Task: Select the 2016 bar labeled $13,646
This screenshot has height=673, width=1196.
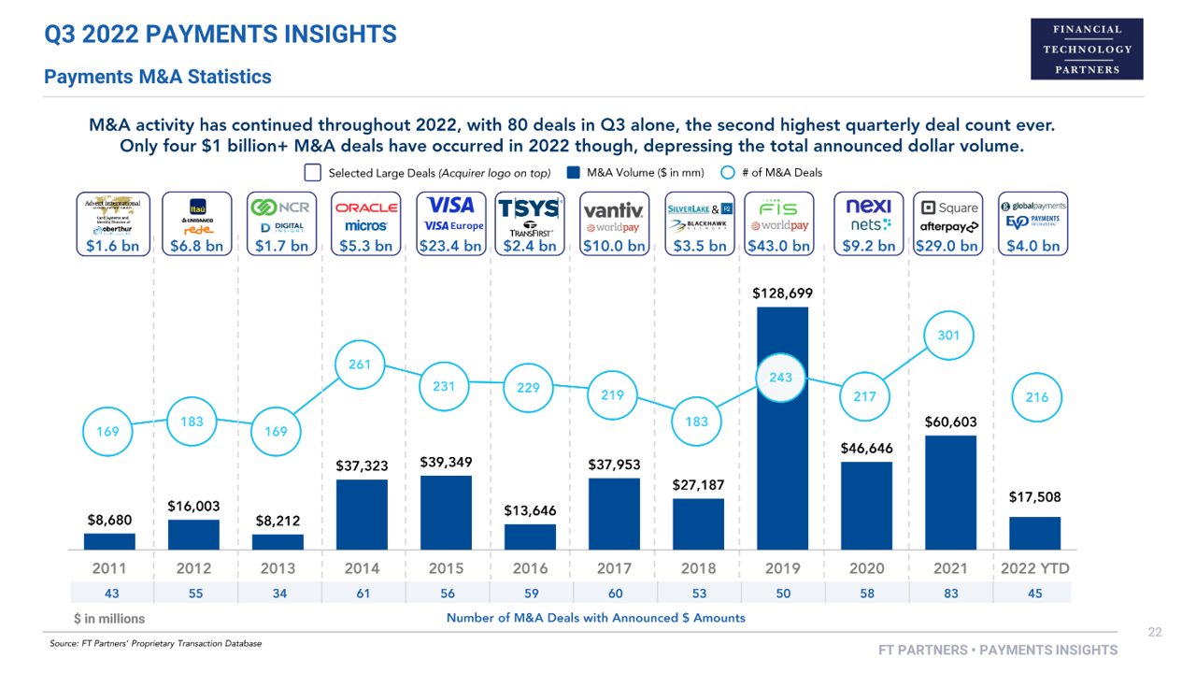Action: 530,537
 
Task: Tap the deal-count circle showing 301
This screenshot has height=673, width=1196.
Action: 948,336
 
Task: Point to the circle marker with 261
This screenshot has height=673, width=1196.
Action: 361,365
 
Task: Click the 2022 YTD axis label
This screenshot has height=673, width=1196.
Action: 1034,568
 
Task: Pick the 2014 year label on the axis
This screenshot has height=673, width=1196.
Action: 362,568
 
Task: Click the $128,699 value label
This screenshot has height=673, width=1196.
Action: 782,294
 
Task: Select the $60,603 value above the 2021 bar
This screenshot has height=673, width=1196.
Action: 950,422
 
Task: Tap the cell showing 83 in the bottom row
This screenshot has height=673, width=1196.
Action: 950,593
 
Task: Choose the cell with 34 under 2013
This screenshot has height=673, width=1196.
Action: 278,593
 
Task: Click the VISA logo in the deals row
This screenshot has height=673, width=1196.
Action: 450,206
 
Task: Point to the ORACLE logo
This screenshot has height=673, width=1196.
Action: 367,208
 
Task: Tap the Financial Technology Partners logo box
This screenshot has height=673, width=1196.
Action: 1087,49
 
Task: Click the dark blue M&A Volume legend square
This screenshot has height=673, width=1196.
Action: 575,173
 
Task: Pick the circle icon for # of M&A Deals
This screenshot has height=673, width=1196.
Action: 728,173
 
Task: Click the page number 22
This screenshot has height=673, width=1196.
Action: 1155,633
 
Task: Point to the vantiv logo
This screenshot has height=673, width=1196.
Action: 613,209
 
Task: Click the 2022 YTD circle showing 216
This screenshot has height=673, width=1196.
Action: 1036,397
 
